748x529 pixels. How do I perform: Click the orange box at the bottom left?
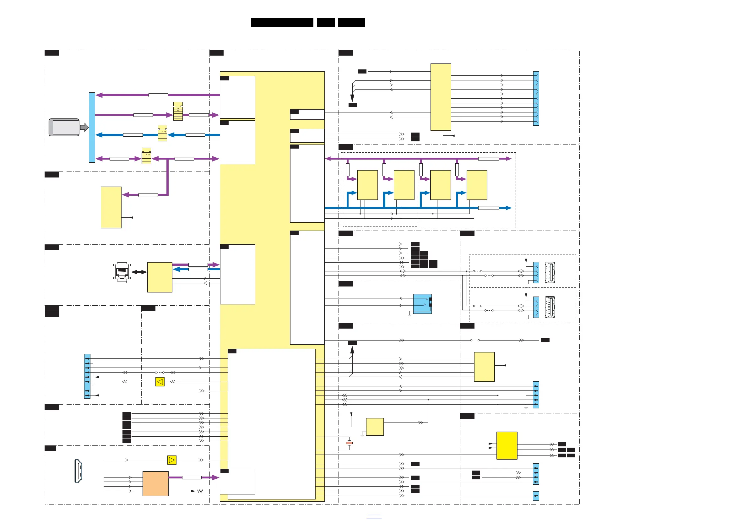155,483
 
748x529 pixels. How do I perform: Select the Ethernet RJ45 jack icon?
122,272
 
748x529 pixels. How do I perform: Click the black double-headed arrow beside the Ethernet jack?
139,272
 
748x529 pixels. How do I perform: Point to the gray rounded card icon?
64,127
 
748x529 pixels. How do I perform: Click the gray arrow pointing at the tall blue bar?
84,127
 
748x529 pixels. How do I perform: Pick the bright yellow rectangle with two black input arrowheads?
507,445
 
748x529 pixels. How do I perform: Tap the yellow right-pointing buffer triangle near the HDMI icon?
172,460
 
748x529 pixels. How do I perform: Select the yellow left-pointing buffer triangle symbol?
160,381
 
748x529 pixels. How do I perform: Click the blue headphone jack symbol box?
422,304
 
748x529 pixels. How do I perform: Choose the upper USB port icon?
550,272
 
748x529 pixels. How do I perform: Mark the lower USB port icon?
550,307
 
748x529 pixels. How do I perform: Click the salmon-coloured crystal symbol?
349,443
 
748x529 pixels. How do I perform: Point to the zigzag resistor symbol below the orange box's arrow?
200,491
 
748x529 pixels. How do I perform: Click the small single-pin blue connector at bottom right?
536,496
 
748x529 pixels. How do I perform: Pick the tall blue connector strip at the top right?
536,98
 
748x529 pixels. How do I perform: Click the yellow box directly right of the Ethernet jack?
160,277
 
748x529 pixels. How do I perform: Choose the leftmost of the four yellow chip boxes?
367,185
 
